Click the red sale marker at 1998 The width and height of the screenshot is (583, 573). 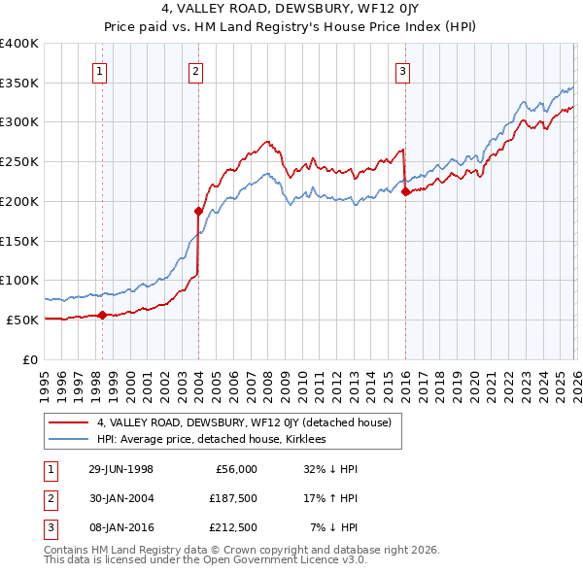point(103,315)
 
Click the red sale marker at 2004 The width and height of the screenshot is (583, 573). point(198,210)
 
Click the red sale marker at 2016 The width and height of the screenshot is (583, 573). point(404,191)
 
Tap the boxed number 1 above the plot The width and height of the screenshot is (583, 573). point(101,70)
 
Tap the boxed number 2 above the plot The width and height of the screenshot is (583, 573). point(196,70)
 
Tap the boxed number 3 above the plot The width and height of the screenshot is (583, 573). point(402,70)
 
